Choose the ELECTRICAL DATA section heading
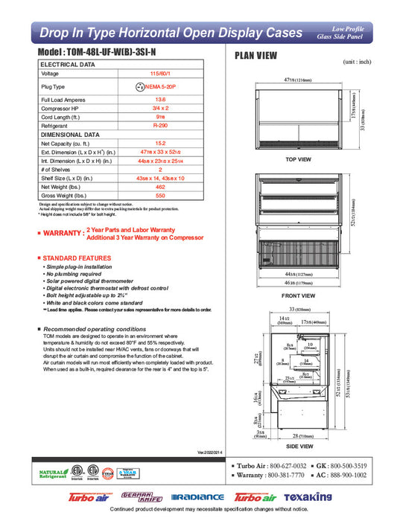click(x=68, y=65)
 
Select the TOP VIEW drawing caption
click(x=297, y=159)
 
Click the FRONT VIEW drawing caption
click(x=297, y=295)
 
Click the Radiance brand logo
click(x=197, y=497)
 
